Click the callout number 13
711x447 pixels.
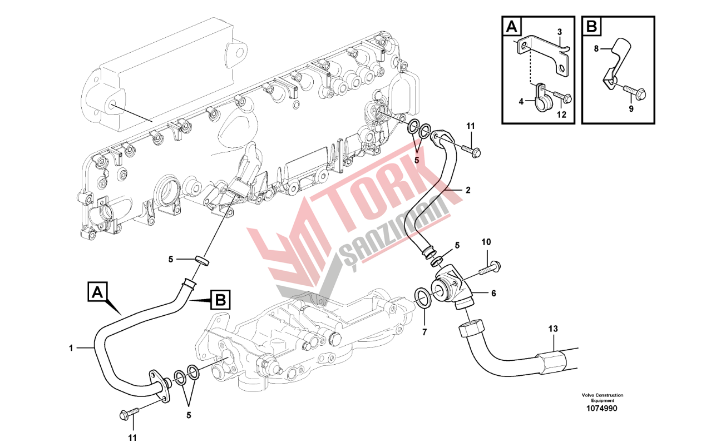coord(552,329)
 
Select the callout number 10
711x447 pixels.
coord(486,243)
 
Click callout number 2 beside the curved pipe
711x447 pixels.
coord(468,190)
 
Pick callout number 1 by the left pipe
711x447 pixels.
coord(71,348)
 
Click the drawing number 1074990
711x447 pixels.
coord(603,409)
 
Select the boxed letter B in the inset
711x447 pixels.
coord(591,26)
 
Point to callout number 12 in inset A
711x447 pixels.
coord(561,115)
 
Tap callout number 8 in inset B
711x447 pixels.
coord(595,49)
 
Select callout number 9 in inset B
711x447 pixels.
coord(631,109)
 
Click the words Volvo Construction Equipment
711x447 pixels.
coord(603,398)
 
